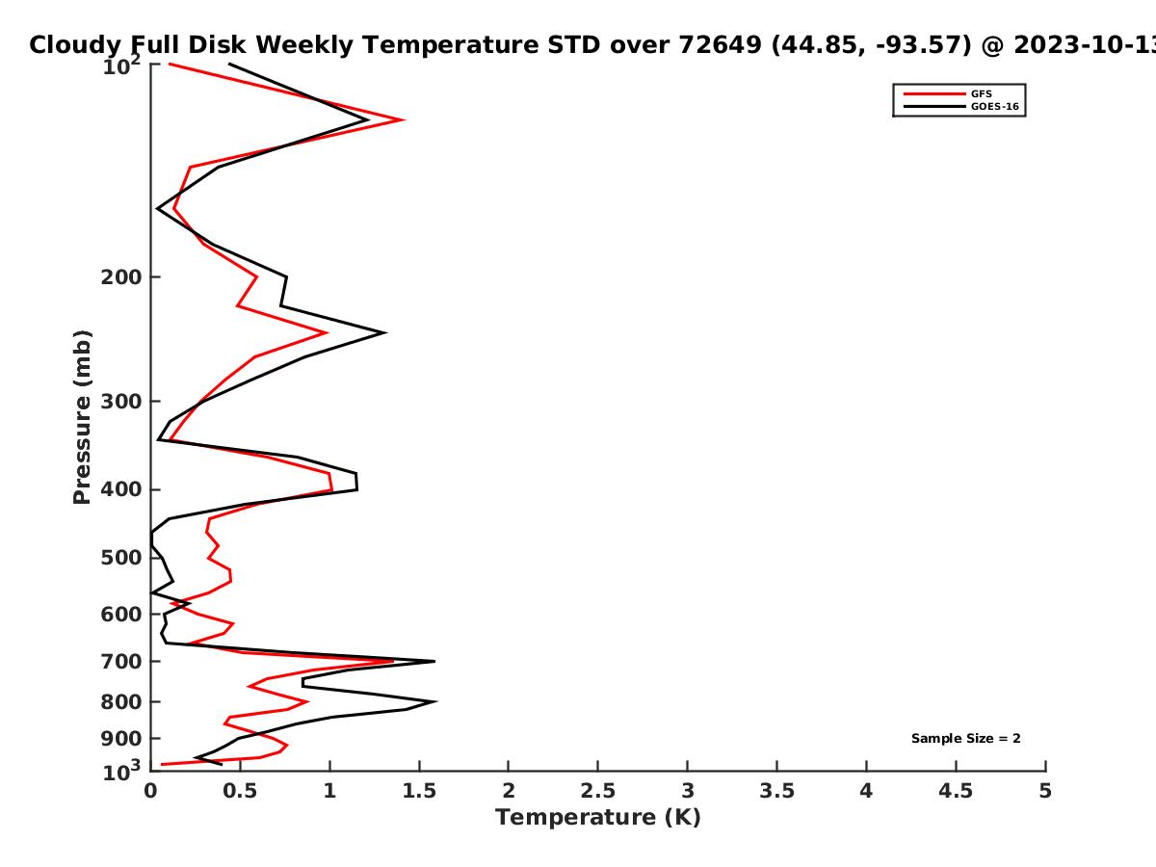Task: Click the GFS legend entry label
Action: point(981,94)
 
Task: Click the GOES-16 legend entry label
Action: point(995,107)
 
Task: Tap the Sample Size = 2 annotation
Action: point(966,739)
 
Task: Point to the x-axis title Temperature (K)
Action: point(598,818)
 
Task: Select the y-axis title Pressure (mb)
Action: point(82,417)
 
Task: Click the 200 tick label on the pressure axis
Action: point(121,276)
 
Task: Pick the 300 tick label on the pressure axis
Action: point(121,402)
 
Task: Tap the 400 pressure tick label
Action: point(121,489)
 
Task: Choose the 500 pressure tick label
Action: point(121,558)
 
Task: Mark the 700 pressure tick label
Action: point(121,662)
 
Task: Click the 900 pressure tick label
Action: point(121,739)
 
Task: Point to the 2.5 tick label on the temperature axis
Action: point(598,791)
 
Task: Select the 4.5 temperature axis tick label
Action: point(956,791)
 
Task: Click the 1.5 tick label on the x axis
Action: point(419,791)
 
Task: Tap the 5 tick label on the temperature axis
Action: point(1045,791)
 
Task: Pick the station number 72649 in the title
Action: point(720,44)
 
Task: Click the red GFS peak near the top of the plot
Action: point(404,119)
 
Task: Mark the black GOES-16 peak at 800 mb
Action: point(436,701)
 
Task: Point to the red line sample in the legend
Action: point(934,94)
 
